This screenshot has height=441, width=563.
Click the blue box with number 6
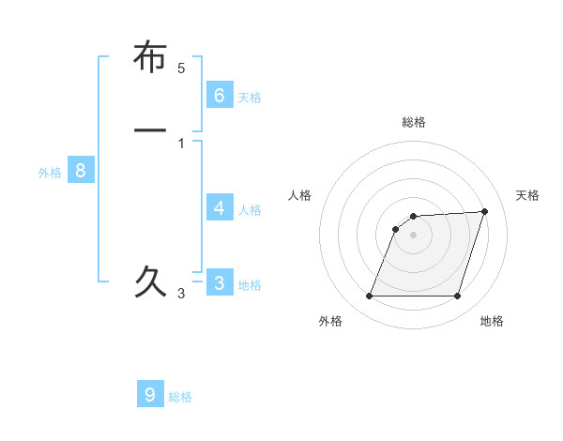click(x=220, y=95)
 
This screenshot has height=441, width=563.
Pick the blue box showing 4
click(x=220, y=207)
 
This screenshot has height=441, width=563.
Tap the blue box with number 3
click(x=220, y=282)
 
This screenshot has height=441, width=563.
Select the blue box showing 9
click(x=150, y=394)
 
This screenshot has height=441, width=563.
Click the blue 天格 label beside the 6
click(x=250, y=97)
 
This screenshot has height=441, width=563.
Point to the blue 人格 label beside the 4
click(x=250, y=209)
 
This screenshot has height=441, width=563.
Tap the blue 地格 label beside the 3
click(x=250, y=284)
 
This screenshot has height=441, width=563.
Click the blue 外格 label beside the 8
click(x=50, y=172)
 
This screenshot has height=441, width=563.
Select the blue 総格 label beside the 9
click(x=180, y=397)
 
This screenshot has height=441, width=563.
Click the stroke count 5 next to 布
click(x=181, y=68)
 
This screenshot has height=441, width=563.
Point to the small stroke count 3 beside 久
click(x=181, y=294)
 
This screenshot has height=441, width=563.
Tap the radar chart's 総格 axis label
click(x=414, y=122)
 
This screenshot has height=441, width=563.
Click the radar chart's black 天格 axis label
click(x=527, y=195)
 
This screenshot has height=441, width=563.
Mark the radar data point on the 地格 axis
click(x=457, y=297)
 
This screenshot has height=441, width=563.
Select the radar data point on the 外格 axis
click(x=369, y=297)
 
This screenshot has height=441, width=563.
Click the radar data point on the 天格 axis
click(x=485, y=211)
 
